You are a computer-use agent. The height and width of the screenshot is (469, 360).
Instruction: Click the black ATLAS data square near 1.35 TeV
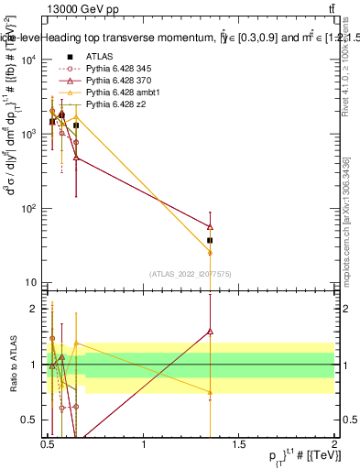pos(210,240)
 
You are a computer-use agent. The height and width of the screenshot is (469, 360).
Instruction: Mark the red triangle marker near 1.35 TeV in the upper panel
pos(210,226)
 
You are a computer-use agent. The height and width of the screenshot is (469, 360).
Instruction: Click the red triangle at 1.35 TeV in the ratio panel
pos(210,332)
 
